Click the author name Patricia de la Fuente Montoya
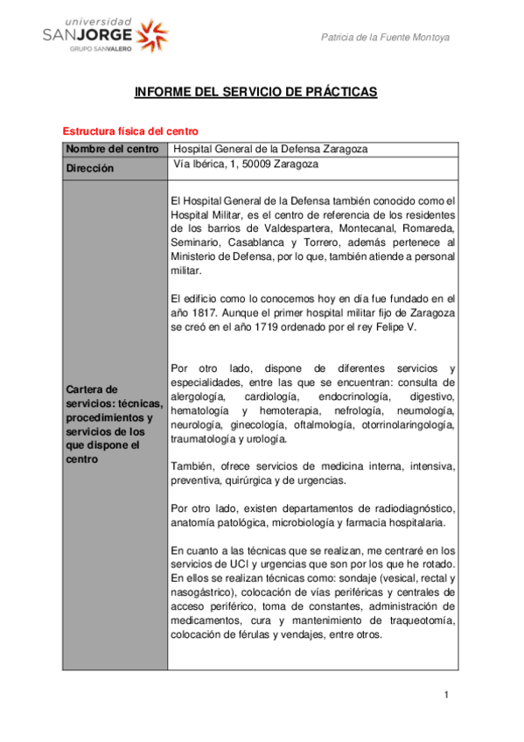click(x=386, y=38)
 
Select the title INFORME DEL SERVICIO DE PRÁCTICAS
click(x=255, y=92)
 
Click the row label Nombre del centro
click(x=112, y=149)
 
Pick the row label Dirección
click(x=90, y=168)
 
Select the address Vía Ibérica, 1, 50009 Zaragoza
click(x=246, y=164)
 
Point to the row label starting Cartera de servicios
click(x=112, y=423)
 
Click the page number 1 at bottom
click(x=445, y=695)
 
